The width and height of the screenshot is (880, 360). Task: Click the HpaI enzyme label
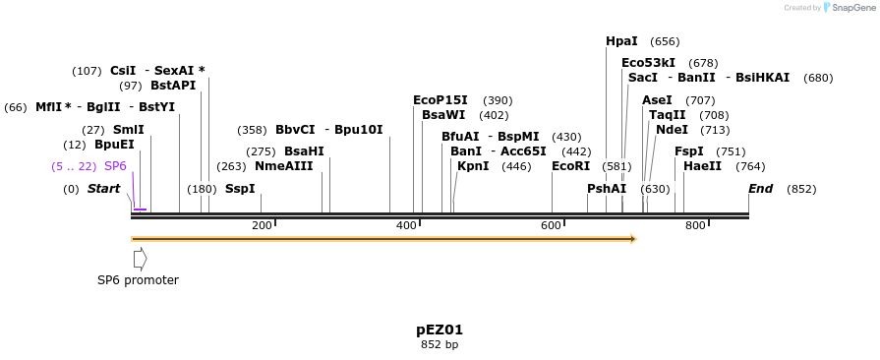point(621,41)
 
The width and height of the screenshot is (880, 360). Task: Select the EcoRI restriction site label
point(570,166)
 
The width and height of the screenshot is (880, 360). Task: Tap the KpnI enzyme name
point(473,166)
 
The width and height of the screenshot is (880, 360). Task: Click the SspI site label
point(240,189)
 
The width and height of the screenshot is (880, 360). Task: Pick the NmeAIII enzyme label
point(283,166)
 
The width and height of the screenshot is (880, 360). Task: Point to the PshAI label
point(606,189)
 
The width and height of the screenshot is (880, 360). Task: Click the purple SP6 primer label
point(115,166)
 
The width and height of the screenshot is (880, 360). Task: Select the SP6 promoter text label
point(138,280)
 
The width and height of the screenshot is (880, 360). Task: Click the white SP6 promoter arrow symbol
point(140,259)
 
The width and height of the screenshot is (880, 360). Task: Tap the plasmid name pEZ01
point(440,330)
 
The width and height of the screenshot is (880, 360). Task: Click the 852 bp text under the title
point(440,345)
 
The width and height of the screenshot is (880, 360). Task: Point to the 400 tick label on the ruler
point(405,226)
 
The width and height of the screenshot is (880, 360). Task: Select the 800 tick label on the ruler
point(694,226)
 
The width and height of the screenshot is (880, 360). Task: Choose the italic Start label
point(103,189)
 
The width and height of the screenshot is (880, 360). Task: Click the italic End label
point(760,189)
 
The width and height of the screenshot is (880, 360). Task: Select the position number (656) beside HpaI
point(665,41)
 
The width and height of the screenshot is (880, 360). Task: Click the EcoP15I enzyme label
point(440,100)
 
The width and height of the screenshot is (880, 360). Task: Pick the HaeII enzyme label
point(702,166)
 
